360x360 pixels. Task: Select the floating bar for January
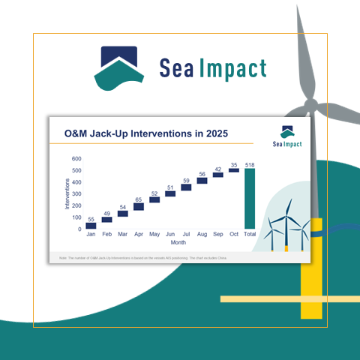91,226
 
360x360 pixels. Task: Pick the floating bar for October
234,170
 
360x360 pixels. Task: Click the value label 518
250,163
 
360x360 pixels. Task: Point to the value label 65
139,199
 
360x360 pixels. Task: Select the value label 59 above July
186,180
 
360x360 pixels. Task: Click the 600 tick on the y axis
76,159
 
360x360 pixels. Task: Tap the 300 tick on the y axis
76,194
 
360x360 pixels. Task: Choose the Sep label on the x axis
217,235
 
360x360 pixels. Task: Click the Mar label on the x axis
122,235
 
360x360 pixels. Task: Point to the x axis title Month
178,243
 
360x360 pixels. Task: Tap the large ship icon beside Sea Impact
119,67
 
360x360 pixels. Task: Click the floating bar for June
170,193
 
